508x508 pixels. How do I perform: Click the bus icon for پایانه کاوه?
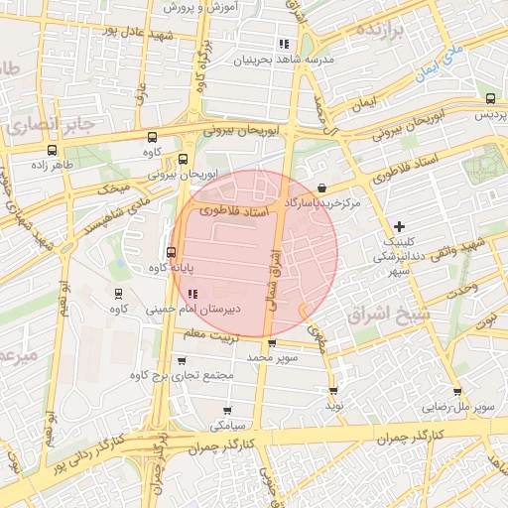[172, 252]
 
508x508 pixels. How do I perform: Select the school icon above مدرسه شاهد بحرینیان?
[284, 44]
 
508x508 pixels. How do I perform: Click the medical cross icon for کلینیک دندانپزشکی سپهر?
[400, 227]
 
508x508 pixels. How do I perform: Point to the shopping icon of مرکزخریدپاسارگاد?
[321, 188]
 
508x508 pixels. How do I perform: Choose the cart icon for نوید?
[332, 391]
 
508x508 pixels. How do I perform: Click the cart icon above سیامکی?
[227, 410]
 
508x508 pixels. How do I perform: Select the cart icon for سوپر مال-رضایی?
[457, 392]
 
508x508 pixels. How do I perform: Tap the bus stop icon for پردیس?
[491, 98]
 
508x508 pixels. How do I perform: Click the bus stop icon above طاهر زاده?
[48, 152]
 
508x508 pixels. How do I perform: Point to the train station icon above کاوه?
[119, 294]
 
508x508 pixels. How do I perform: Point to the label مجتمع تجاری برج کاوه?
[182, 376]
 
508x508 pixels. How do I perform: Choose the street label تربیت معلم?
[207, 334]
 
